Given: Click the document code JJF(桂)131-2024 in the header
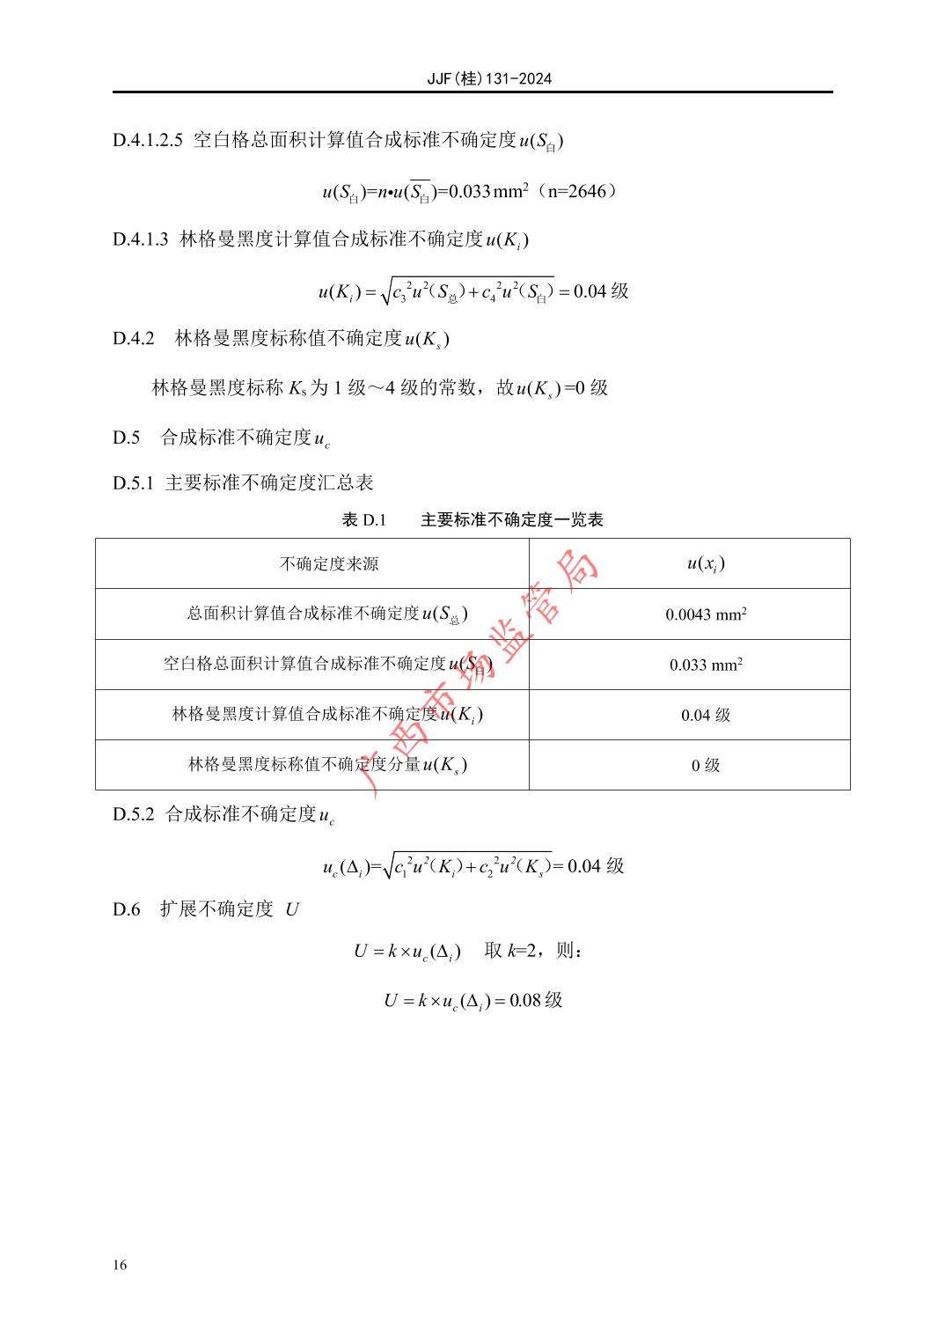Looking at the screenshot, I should (x=489, y=78).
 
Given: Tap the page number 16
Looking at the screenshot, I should (x=120, y=1266).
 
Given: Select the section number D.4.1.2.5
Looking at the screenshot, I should (x=148, y=140).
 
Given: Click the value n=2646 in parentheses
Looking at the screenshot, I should (x=576, y=191).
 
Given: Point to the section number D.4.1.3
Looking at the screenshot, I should (x=140, y=239).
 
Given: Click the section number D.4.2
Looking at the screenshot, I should (x=133, y=339).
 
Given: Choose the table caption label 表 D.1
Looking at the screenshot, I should (x=363, y=520).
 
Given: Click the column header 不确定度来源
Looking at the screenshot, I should (x=329, y=564).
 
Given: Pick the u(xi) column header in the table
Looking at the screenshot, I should (x=706, y=564).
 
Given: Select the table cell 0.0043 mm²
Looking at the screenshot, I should (x=706, y=614).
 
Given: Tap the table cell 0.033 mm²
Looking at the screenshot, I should (x=706, y=665).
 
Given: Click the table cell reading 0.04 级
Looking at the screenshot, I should (x=706, y=716).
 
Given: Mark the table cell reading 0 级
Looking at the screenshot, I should (x=706, y=766).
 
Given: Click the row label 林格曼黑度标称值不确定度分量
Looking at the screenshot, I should (x=304, y=765).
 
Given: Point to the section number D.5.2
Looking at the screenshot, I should (x=133, y=814).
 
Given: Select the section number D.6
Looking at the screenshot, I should (x=126, y=909).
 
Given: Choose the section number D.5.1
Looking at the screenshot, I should (x=133, y=482).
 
